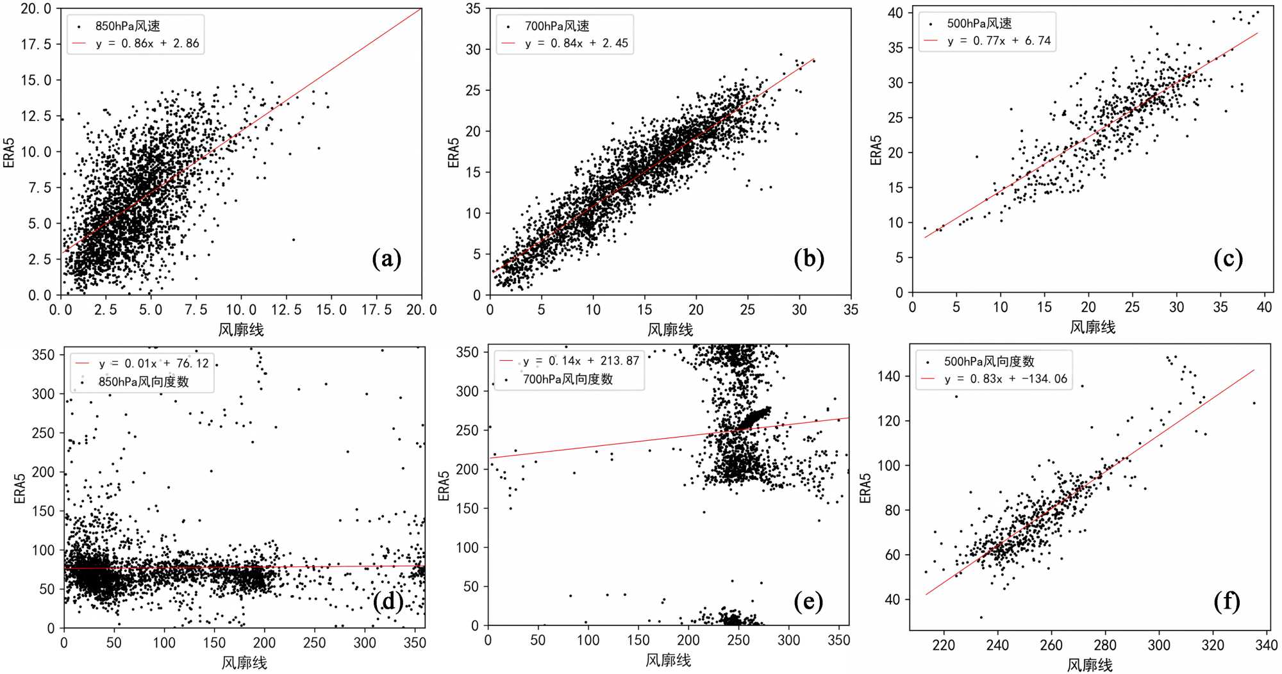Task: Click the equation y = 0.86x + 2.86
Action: pos(147,44)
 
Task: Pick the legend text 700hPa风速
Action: pos(556,26)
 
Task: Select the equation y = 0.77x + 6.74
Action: pos(999,41)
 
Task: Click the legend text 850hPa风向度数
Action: pos(144,382)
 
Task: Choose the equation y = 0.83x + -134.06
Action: pos(1005,379)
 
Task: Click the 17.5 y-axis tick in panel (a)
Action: pos(36,44)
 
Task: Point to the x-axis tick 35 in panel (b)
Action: pos(850,310)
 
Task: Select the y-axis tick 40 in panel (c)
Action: pos(895,13)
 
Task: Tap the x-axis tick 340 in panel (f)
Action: pos(1266,645)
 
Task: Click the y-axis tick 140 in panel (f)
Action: pos(889,376)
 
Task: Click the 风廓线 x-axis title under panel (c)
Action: pos(1092,327)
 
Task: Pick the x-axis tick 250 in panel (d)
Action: pos(314,643)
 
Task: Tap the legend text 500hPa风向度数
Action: pos(988,361)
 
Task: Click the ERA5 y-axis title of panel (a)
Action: pos(9,152)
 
